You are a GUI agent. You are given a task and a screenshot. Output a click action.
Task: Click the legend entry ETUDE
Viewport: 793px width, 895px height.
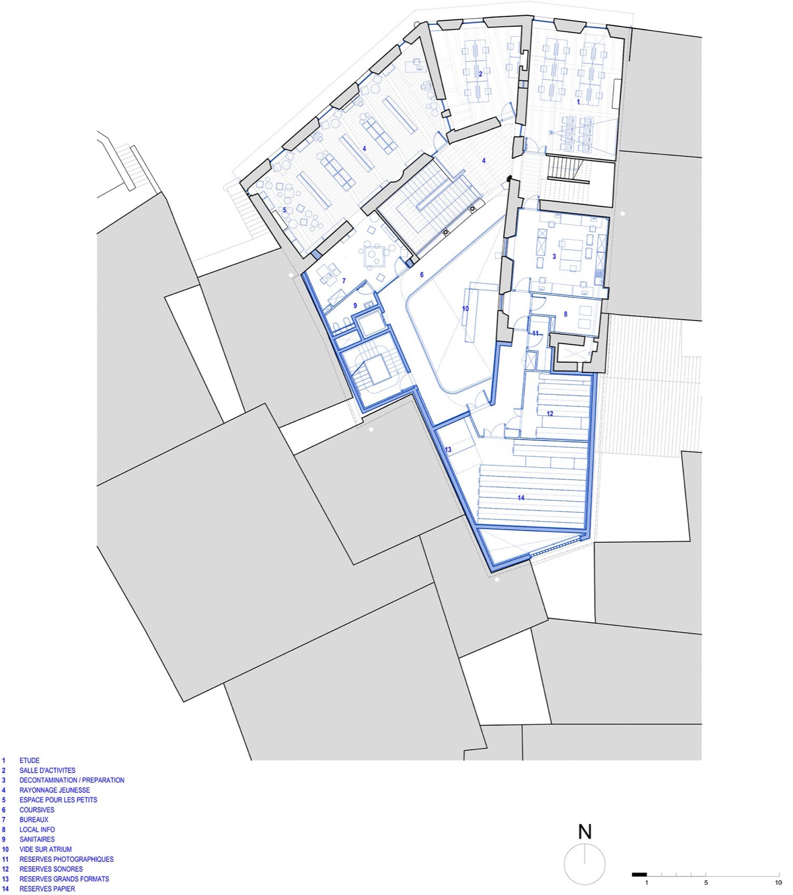[29, 760]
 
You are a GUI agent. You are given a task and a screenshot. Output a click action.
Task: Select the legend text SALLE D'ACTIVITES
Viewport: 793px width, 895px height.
[47, 770]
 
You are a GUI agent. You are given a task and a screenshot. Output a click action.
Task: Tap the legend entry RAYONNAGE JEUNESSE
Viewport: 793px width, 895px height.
[55, 790]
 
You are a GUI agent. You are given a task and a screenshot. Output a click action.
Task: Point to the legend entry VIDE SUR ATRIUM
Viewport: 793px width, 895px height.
[45, 849]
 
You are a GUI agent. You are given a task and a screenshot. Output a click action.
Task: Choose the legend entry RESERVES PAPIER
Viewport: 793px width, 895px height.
[47, 889]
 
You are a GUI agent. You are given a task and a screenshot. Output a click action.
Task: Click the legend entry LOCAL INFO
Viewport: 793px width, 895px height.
[37, 829]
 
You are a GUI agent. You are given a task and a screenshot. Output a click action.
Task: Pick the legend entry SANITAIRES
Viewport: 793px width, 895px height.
[37, 839]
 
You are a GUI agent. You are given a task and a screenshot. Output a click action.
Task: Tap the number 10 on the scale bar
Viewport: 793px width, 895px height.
[778, 882]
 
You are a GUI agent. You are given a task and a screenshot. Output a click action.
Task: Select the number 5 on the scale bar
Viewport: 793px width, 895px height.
[706, 882]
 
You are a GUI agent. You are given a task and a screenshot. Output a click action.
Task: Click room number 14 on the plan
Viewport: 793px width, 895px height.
[521, 498]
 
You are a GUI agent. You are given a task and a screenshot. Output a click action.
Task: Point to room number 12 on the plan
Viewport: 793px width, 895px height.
[550, 414]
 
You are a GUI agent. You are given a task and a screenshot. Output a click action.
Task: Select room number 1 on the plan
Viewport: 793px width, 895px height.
[578, 101]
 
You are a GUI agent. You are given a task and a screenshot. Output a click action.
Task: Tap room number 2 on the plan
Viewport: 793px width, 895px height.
[480, 74]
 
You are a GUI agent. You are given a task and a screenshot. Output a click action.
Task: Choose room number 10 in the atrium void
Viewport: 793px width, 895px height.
[465, 309]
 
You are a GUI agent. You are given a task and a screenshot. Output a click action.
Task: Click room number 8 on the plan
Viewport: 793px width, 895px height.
[566, 314]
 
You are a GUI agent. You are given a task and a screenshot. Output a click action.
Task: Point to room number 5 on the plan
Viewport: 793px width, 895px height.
[284, 210]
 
